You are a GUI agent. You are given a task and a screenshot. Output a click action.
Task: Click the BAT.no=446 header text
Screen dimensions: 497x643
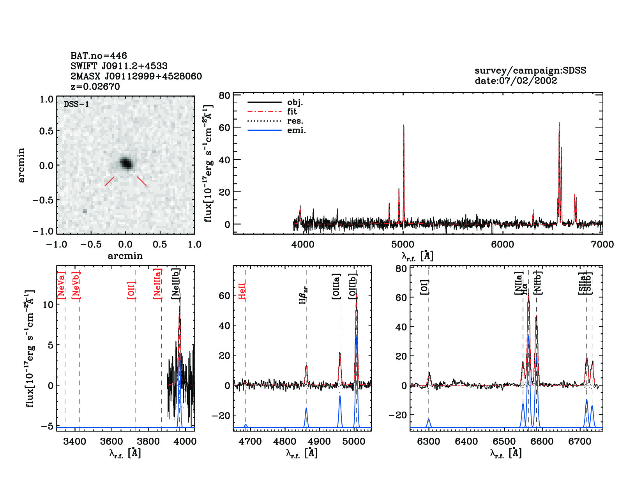(x=99, y=56)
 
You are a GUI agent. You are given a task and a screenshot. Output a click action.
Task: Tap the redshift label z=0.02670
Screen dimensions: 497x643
(x=95, y=87)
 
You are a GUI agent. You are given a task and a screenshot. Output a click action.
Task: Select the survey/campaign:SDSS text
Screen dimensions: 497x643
(x=530, y=71)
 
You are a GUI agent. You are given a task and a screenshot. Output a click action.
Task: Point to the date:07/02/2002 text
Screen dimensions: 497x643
(x=516, y=81)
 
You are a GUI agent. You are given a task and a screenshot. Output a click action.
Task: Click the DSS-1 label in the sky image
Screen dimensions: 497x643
(x=76, y=104)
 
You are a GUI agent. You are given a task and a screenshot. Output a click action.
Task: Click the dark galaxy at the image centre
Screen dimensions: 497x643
(x=126, y=163)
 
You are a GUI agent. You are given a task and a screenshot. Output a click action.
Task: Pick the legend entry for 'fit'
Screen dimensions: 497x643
(x=292, y=111)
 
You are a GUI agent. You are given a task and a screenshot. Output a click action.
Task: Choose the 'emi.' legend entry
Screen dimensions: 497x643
(x=296, y=130)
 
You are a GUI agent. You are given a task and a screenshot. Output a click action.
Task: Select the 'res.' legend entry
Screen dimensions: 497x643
(x=295, y=121)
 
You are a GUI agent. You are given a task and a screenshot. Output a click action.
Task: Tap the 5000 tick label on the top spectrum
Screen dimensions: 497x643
(x=403, y=244)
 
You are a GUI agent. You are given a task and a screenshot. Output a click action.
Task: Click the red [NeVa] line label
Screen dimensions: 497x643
(x=61, y=286)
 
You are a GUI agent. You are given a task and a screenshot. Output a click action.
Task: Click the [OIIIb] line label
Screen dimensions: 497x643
(x=353, y=287)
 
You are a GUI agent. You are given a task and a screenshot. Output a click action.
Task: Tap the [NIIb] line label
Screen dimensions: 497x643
(x=538, y=283)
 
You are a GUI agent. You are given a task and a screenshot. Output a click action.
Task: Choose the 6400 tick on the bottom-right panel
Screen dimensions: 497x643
(x=466, y=441)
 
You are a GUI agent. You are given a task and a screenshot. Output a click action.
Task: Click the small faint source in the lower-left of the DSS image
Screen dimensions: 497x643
(x=85, y=211)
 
